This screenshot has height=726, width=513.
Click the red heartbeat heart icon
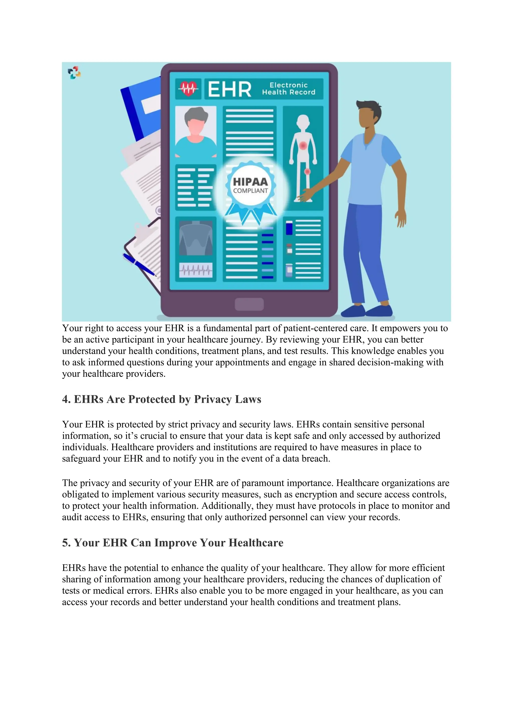(189, 89)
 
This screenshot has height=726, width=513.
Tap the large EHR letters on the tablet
(230, 89)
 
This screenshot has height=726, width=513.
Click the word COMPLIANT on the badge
(250, 191)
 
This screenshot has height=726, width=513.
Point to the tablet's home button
(249, 304)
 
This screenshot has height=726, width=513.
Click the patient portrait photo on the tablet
(196, 132)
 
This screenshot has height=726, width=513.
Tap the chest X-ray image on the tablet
(196, 238)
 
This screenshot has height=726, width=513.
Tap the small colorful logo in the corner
(74, 73)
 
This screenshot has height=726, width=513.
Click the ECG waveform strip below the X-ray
(196, 270)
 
